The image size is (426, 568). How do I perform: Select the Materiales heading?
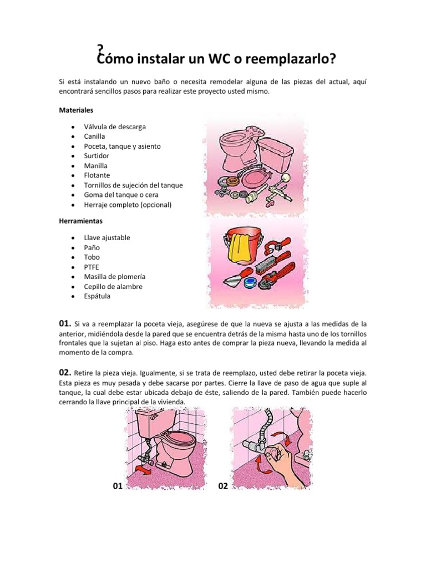pos(77,110)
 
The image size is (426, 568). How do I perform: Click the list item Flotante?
pos(97,175)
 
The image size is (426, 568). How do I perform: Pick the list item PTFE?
pos(92,267)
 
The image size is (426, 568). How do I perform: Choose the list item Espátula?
pos(97,296)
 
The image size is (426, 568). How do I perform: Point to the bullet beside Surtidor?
pos(73,156)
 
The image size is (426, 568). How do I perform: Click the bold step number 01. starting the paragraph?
pos(65,323)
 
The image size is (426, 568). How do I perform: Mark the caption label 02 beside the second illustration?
pos(223,486)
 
